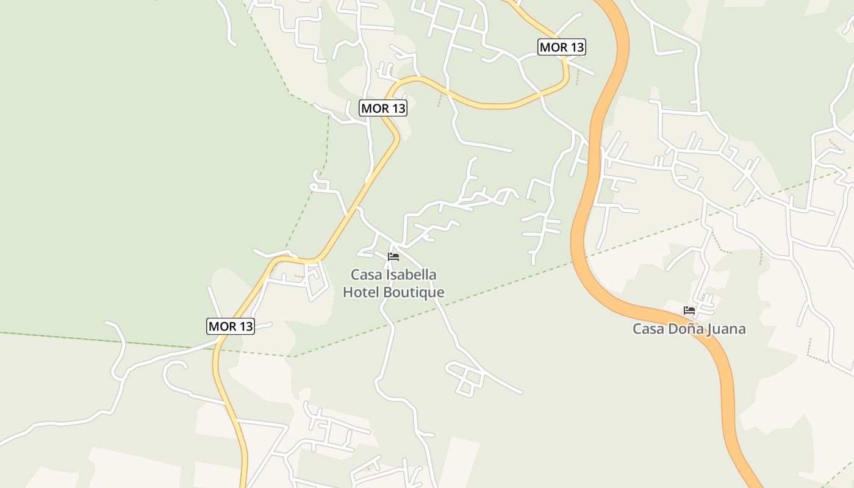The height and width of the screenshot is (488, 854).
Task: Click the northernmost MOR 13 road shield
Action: tap(561, 47)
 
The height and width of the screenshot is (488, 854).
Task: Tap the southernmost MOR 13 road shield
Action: tap(231, 326)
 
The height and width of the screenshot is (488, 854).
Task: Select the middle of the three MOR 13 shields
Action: tap(383, 109)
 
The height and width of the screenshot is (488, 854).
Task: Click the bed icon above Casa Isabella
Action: tap(393, 257)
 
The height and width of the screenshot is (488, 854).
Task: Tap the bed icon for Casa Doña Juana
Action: tap(689, 310)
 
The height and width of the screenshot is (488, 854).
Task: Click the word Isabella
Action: tap(412, 275)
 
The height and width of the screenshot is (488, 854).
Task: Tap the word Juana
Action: tap(727, 329)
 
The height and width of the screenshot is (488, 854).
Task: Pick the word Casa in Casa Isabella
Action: tap(365, 275)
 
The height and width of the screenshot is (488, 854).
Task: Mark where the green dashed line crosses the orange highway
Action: tap(575, 262)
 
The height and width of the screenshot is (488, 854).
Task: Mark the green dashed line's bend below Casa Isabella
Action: tap(293, 356)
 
